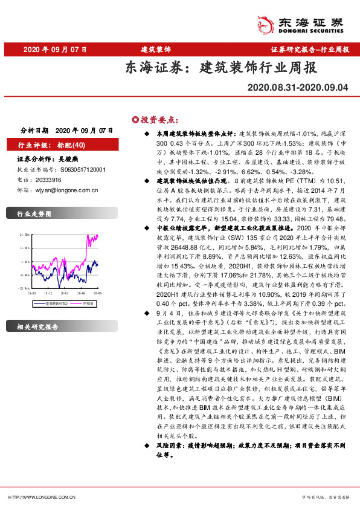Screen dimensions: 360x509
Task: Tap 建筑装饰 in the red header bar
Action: point(155,49)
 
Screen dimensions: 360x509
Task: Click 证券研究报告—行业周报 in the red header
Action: point(309,49)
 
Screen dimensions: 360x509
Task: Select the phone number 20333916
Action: point(48,180)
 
